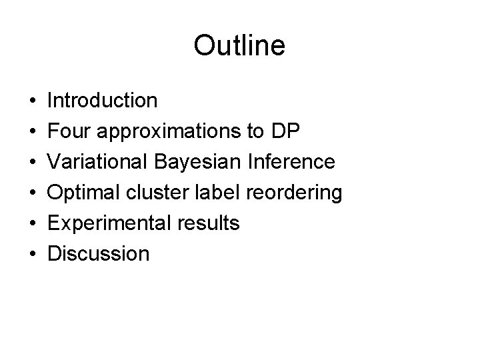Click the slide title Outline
click(239, 46)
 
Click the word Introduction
click(103, 101)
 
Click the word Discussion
click(99, 254)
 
